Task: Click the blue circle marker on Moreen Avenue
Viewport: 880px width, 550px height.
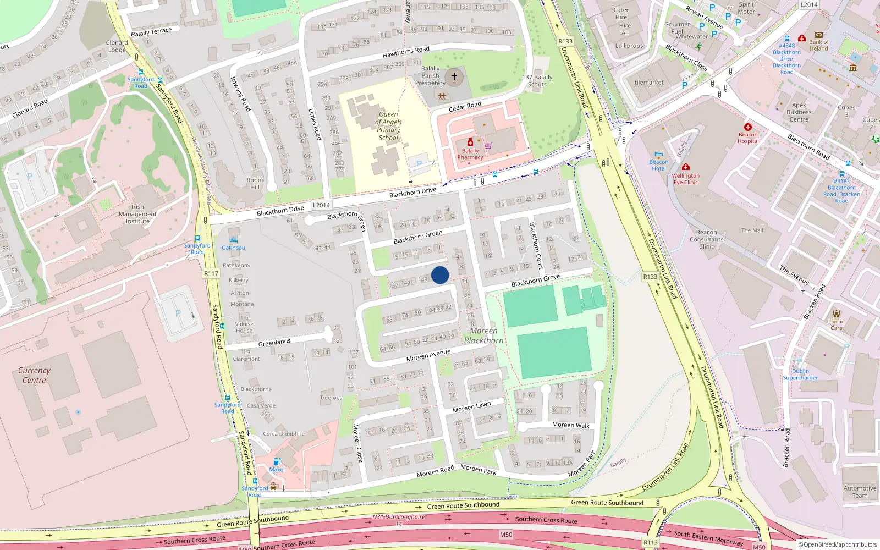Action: (x=440, y=275)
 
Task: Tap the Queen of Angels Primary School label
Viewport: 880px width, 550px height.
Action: (x=389, y=126)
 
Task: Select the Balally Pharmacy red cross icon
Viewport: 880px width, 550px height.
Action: (x=470, y=143)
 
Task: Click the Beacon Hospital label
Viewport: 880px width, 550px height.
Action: (x=748, y=137)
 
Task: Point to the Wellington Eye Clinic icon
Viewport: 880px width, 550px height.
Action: (x=685, y=167)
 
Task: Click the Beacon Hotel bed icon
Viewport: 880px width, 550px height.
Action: (x=659, y=155)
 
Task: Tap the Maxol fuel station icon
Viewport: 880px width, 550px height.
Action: (x=277, y=462)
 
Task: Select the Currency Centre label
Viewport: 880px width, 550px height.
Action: (x=34, y=375)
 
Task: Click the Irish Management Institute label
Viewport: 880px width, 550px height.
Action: (x=137, y=214)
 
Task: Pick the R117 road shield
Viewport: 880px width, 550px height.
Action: (x=211, y=273)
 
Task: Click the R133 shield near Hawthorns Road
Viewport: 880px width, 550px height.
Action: (x=565, y=41)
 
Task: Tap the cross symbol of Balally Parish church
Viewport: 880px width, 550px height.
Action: (x=454, y=76)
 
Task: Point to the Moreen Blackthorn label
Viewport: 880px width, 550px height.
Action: (x=483, y=335)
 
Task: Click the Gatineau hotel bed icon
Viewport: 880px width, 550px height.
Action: (x=233, y=240)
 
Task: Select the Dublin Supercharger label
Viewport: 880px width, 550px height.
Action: (x=800, y=375)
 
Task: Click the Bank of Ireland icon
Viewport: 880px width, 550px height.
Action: (x=818, y=35)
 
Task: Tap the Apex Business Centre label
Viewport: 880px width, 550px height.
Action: (x=799, y=112)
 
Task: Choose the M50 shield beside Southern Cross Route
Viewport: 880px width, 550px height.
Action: (x=506, y=535)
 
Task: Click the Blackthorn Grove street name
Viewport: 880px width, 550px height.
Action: (x=535, y=280)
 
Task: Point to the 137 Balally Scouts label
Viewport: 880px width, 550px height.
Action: (x=537, y=81)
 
